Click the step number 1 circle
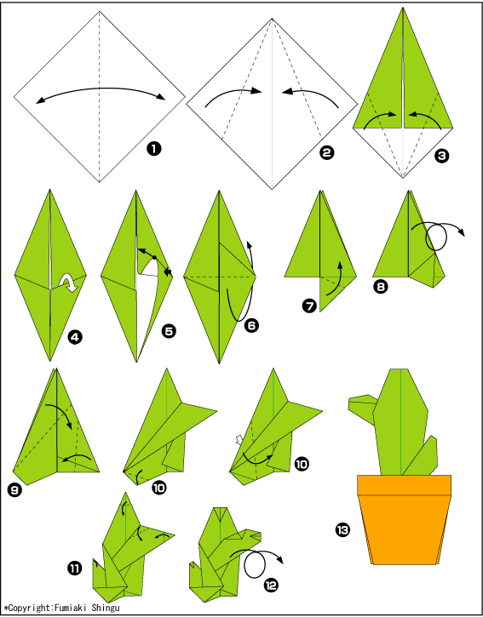[154, 149]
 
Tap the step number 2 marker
[326, 152]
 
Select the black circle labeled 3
[441, 156]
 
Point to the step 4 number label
[75, 336]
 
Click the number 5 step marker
[169, 331]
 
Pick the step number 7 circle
[309, 306]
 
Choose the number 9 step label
[14, 490]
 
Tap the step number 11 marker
[75, 568]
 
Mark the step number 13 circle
[342, 530]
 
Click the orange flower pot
[405, 519]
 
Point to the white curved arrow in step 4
[69, 283]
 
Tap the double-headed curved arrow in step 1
[101, 89]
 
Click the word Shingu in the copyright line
[105, 608]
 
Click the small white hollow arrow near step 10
[239, 439]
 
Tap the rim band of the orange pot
[405, 485]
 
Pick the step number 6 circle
[251, 325]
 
